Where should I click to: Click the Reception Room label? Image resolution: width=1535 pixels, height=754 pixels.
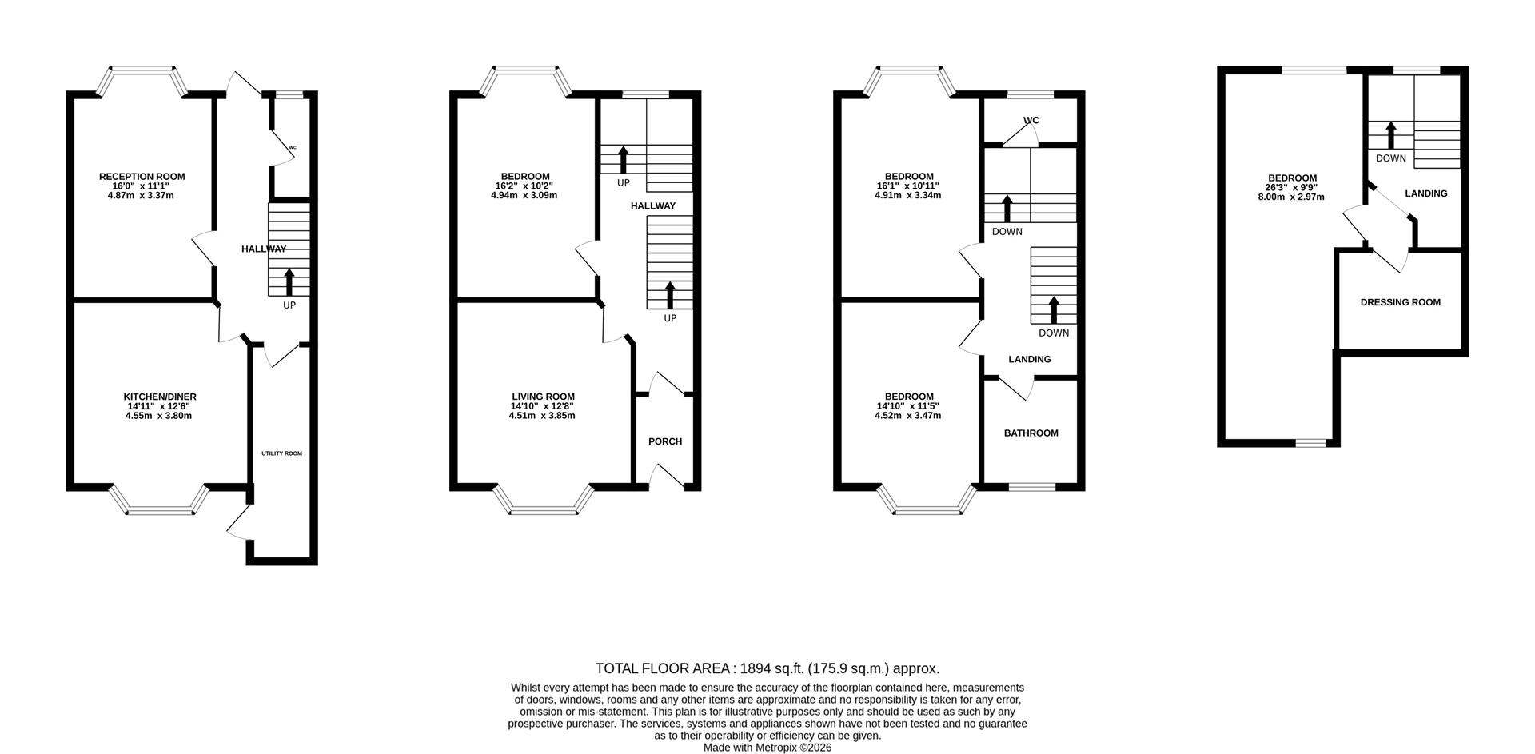point(142,177)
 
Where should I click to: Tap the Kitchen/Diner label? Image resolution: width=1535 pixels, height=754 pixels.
point(159,397)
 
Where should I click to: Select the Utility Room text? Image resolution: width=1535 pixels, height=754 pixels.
point(281,453)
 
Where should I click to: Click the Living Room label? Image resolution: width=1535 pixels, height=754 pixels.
point(543,397)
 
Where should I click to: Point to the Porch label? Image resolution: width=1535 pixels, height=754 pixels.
point(664,441)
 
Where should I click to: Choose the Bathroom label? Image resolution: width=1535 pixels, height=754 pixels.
point(1031,433)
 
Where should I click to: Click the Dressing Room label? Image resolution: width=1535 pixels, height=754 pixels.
point(1400,302)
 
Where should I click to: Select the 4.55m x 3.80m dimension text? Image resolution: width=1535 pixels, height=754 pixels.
point(159,416)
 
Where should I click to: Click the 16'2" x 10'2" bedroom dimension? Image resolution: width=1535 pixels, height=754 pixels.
point(524,186)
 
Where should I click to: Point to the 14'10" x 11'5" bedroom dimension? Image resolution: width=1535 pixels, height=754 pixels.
point(908,406)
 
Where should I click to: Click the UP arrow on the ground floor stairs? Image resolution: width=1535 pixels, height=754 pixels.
point(289,283)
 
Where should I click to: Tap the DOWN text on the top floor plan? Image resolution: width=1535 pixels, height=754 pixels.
point(1390,158)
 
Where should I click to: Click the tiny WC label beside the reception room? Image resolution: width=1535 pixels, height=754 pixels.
point(293,147)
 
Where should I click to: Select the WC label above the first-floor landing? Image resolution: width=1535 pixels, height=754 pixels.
point(1031,121)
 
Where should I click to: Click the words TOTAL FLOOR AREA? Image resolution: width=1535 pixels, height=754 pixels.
point(663,668)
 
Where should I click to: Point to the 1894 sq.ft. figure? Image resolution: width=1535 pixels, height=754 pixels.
point(771,668)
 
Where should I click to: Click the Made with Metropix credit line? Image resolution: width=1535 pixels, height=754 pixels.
point(767,748)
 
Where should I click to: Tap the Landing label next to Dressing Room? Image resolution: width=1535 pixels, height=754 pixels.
point(1425,193)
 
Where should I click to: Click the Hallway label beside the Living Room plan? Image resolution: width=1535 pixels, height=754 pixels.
point(652,205)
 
